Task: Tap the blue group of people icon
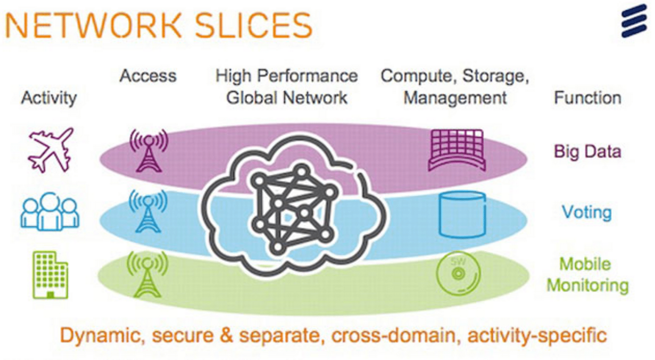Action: (x=50, y=211)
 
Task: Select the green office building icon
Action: (x=50, y=275)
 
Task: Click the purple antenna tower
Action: (x=149, y=150)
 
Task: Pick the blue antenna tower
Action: (x=148, y=211)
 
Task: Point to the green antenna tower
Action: (x=148, y=274)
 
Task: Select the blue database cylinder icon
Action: (x=462, y=214)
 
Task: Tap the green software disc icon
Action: (x=458, y=274)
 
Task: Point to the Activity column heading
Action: (x=49, y=98)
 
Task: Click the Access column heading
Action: (x=148, y=76)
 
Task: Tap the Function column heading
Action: (x=587, y=98)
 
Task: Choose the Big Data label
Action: (x=587, y=151)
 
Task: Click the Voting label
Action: (x=586, y=212)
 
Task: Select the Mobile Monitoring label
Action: (x=587, y=275)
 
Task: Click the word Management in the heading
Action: (x=455, y=98)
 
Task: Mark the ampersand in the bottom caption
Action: (x=226, y=335)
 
